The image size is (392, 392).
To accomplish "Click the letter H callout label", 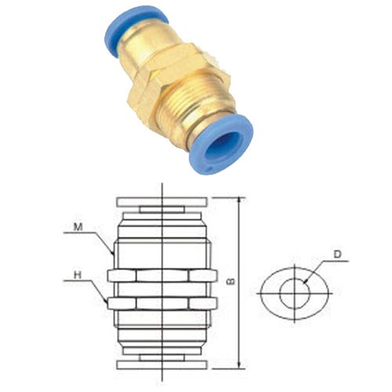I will (77, 274).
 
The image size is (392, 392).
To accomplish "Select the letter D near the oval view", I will (336, 253).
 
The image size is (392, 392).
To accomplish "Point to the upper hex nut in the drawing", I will (162, 275).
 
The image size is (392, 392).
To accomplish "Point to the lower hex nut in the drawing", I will (162, 303).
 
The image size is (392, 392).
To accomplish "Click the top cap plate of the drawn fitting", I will (162, 201).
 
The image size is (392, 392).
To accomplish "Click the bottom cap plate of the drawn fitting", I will (162, 364).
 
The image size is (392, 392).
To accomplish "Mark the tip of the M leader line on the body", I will (114, 253).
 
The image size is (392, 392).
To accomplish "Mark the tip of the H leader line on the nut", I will (110, 302).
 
